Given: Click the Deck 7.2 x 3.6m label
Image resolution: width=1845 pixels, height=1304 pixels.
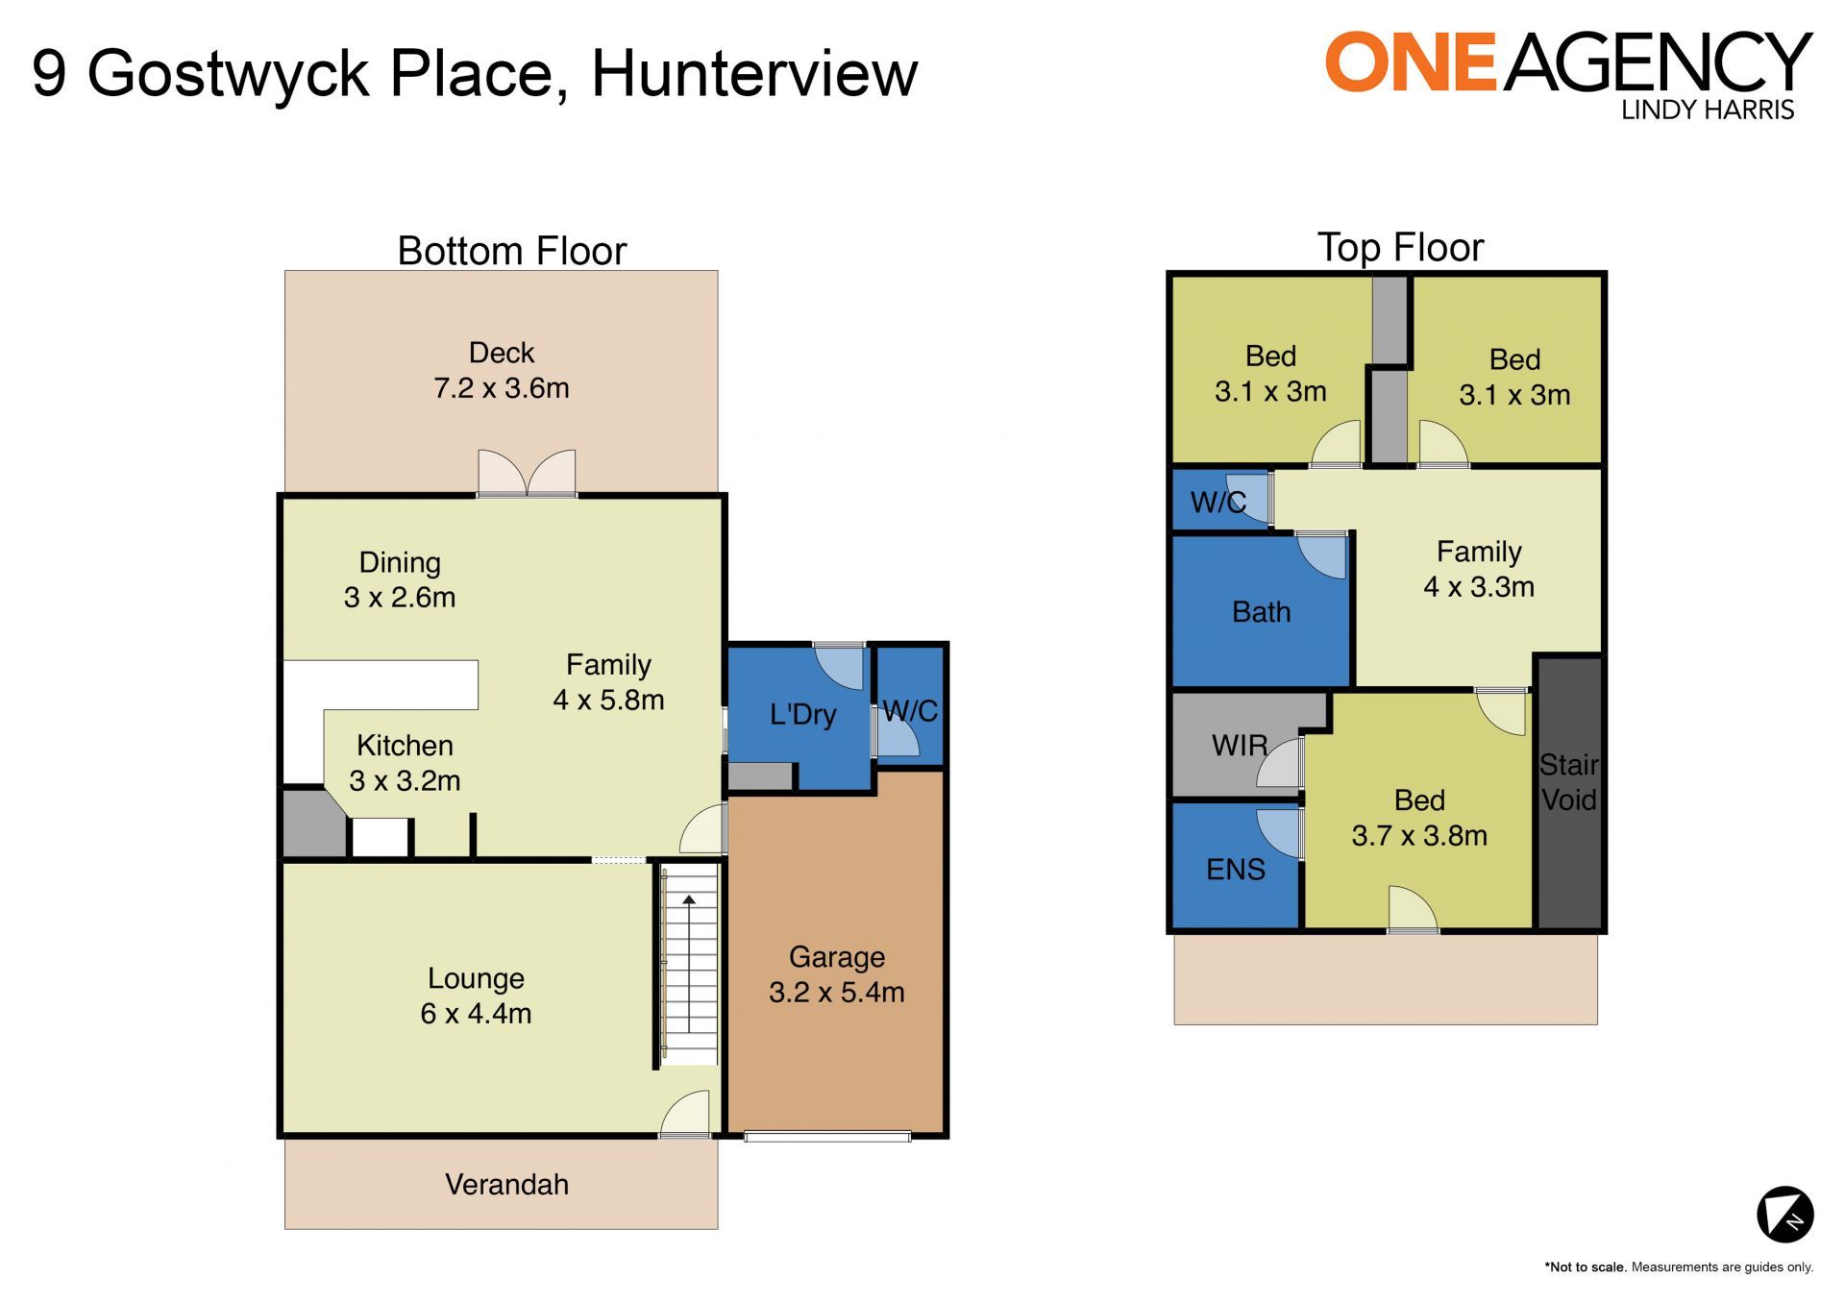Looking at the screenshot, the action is pos(501,370).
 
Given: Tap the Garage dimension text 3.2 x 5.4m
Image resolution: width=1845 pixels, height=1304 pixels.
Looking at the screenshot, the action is pos(836,992).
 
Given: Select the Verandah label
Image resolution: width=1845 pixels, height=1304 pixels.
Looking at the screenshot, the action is pos(506,1184).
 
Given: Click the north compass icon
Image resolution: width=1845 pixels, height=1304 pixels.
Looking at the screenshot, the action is pos(1784,1215).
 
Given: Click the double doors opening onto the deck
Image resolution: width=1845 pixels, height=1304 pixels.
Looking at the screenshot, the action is pos(527,473).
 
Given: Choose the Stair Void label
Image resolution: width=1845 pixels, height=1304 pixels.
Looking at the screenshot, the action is pos(1568,782).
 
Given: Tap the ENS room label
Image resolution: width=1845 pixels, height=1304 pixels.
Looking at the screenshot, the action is pos(1235,870).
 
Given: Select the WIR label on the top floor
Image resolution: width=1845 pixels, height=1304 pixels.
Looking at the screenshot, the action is pos(1240,745).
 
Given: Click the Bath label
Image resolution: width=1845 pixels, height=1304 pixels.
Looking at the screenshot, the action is pos(1261,612).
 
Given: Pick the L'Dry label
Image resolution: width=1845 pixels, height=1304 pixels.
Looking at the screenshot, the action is pos(802,715).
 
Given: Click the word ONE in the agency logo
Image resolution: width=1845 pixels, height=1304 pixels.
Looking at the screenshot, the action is pos(1411,62).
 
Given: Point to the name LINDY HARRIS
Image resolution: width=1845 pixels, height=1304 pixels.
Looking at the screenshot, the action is pos(1708,110).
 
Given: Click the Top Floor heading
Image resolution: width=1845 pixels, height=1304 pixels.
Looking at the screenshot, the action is pos(1400,248).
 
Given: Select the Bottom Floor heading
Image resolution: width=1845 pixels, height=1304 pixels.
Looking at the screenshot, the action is pos(511,251).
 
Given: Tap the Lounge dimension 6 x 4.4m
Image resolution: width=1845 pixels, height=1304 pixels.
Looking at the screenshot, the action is pos(476,1013).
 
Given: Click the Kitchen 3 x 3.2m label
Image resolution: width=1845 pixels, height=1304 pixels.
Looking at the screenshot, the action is pos(405,763).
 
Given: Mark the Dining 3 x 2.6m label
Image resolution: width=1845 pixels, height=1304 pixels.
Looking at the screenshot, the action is pos(400,579).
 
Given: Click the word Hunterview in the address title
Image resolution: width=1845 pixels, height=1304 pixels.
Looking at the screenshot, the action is pos(754,73).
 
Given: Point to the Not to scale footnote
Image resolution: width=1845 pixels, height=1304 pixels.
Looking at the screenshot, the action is pos(1679,1267).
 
